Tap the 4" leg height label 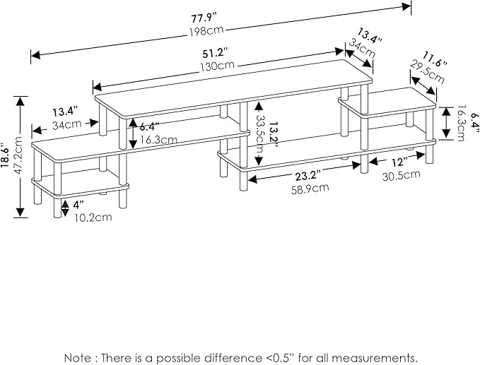click(78, 204)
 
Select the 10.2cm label click(93, 217)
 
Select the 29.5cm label click(427, 72)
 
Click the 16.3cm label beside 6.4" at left click(158, 139)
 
